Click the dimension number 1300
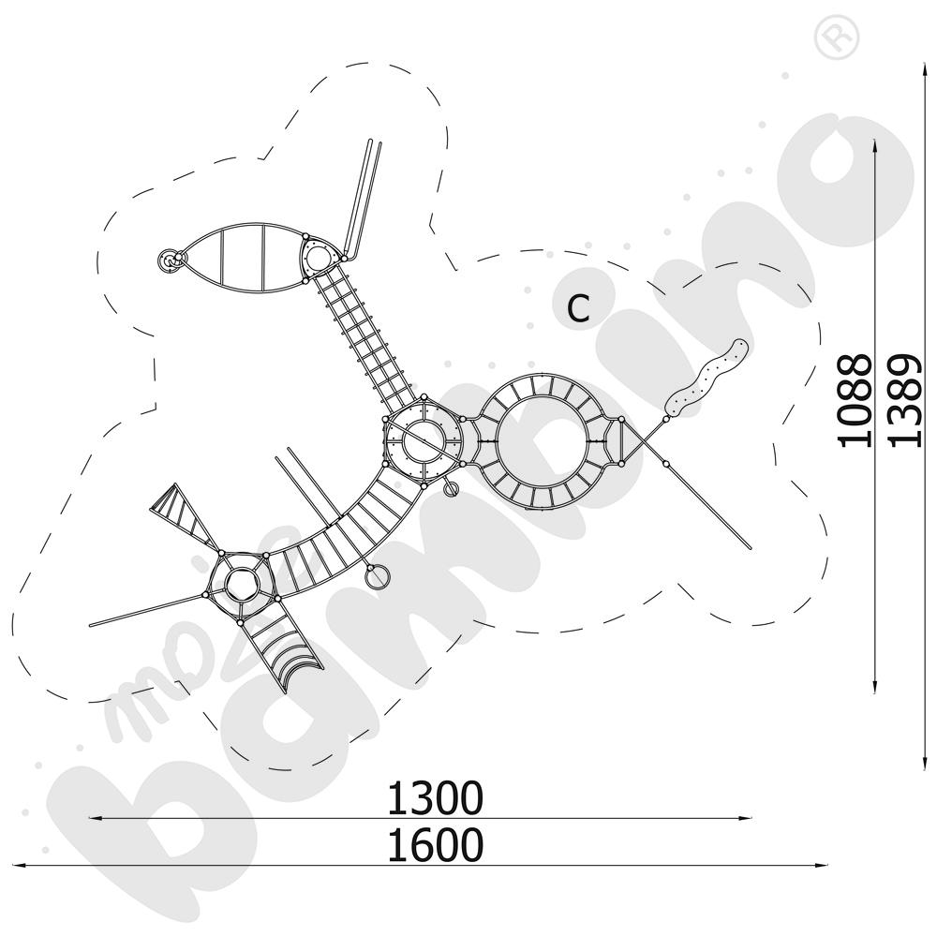436,798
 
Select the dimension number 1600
436,845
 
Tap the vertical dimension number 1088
854,400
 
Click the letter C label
579,308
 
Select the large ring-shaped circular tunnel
542,441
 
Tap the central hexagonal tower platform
424,438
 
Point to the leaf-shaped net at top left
241,260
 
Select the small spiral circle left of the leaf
169,261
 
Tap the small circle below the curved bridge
376,577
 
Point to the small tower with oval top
319,255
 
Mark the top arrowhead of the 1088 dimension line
874,142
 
